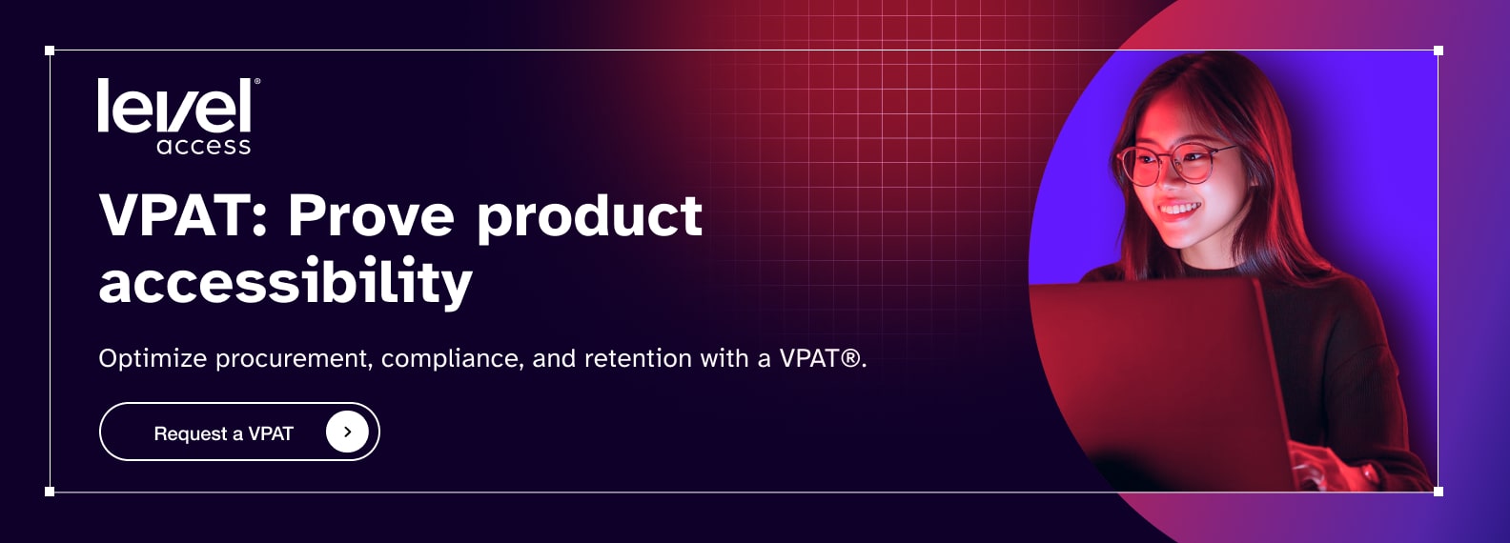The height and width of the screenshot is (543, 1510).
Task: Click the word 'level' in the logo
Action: point(174,106)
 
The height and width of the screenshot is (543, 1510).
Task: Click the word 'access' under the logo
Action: point(204,146)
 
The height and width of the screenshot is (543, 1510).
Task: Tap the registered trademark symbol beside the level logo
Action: point(256,82)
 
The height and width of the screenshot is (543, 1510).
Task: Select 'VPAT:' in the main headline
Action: point(183,215)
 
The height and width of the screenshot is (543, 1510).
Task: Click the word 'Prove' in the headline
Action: point(372,215)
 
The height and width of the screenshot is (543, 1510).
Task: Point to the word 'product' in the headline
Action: point(590,217)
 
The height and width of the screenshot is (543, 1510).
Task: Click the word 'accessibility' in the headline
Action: point(286,282)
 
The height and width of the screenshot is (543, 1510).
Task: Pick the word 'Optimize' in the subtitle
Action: point(153,358)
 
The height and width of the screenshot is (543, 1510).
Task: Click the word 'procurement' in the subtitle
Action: point(294,359)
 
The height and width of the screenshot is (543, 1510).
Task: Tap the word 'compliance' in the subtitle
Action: point(452,359)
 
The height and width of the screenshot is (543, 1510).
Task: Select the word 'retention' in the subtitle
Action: point(638,358)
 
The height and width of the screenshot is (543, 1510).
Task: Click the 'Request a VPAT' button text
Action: point(224,433)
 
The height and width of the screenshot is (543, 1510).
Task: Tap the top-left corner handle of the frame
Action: point(50,50)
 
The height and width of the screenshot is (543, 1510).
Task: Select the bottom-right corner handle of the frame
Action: point(1438,492)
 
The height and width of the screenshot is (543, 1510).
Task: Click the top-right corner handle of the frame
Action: point(1438,50)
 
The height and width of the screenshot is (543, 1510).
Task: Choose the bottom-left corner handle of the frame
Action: point(50,492)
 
